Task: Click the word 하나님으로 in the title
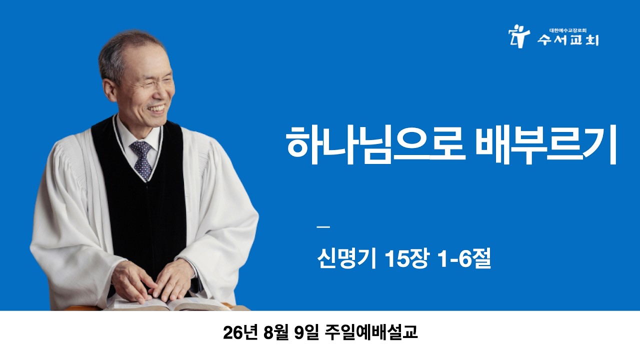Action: [374, 145]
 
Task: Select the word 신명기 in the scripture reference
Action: [346, 258]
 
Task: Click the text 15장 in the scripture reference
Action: [407, 258]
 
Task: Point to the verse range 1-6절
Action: [464, 258]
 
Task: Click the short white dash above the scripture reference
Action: [323, 227]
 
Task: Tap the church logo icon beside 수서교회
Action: [519, 36]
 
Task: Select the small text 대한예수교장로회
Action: [568, 30]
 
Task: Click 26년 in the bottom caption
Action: [241, 332]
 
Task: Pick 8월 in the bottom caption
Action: [276, 332]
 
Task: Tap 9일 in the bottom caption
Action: [306, 332]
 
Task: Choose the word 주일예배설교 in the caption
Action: [371, 332]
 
